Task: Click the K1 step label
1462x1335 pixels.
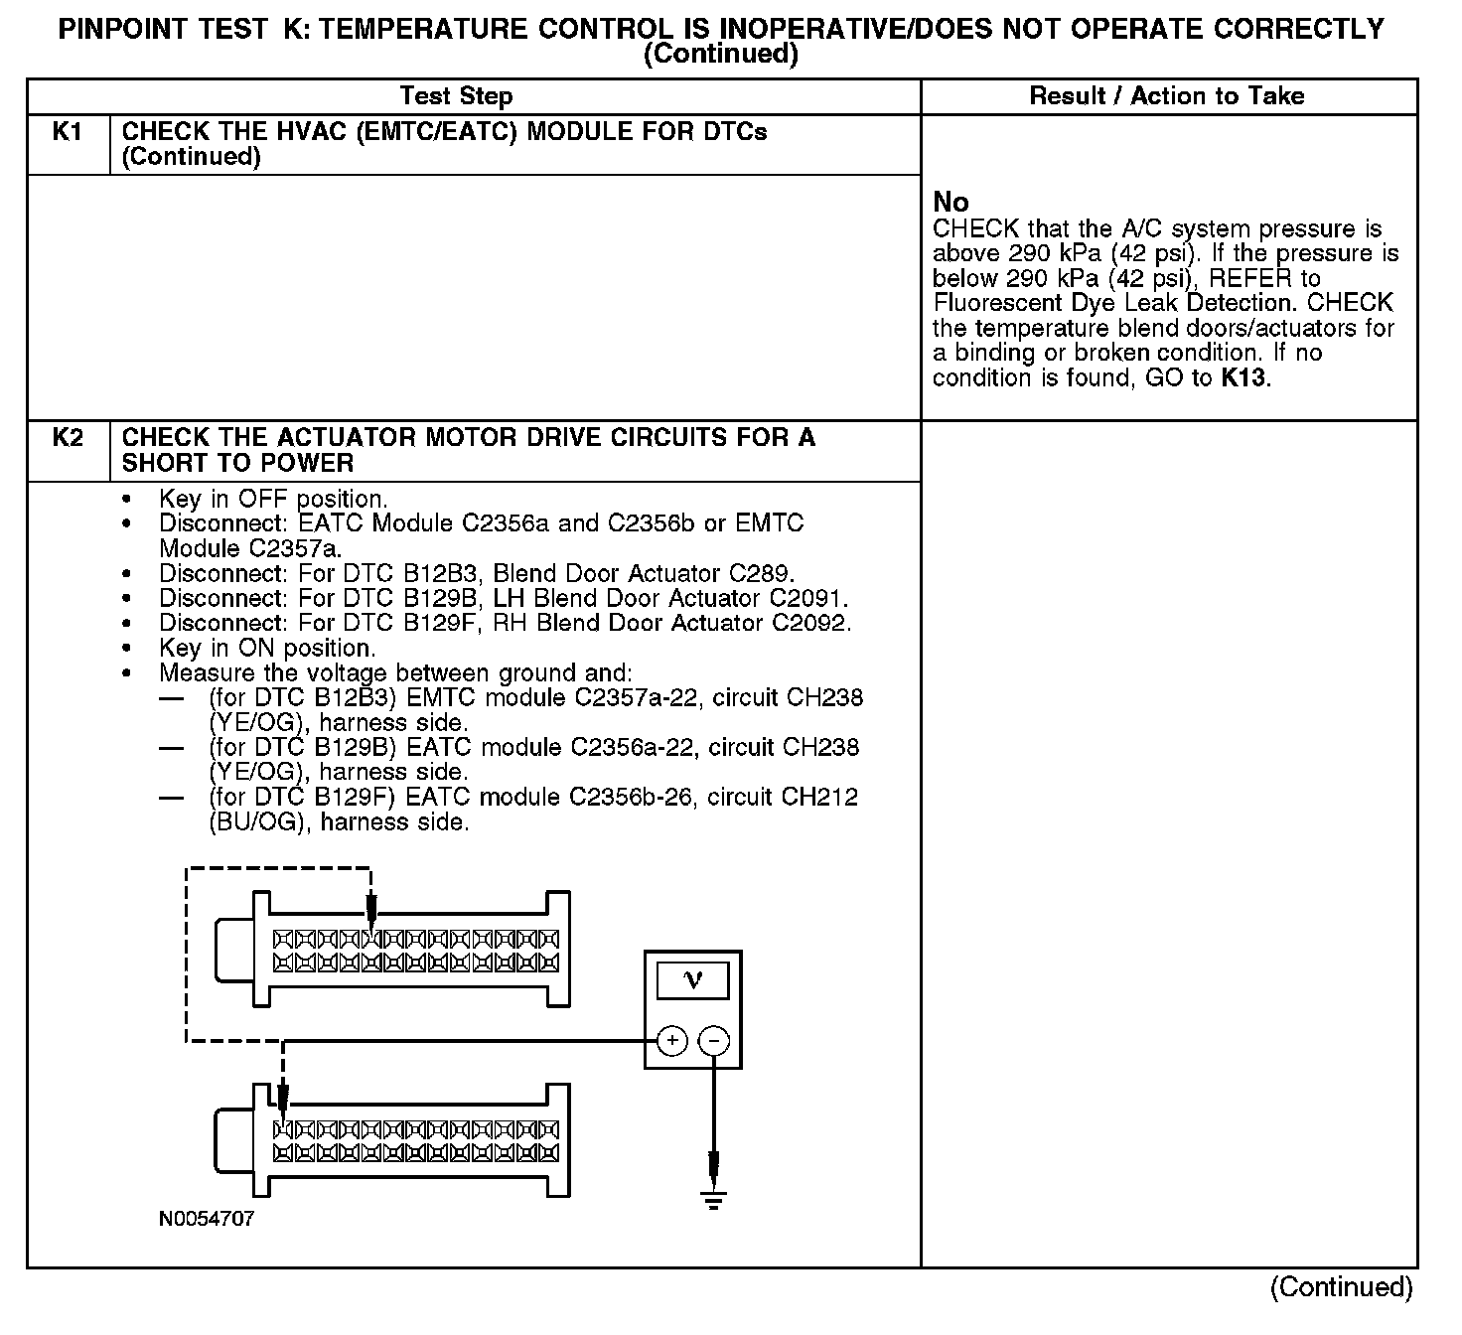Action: (x=67, y=132)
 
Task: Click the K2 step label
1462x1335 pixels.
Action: (x=67, y=438)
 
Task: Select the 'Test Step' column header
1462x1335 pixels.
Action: (x=456, y=96)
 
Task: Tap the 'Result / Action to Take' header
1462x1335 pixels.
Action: (x=1167, y=96)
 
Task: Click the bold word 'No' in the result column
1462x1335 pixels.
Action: (x=950, y=203)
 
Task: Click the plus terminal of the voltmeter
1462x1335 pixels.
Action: (x=672, y=1041)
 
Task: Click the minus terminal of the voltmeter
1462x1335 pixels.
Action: (x=714, y=1041)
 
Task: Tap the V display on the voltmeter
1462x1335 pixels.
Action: (x=693, y=981)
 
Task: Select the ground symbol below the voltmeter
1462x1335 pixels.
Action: (x=714, y=1199)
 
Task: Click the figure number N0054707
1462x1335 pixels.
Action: (x=207, y=1219)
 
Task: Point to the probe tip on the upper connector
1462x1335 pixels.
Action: (x=371, y=919)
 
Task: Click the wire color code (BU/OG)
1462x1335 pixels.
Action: (x=255, y=822)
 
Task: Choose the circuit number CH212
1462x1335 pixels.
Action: (x=819, y=798)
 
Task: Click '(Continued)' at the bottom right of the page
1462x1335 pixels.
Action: (x=1341, y=1287)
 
